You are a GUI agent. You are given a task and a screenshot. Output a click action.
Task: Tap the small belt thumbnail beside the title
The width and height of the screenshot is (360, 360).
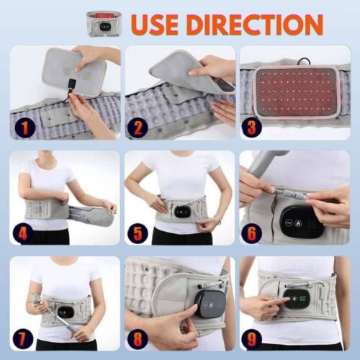click(104, 23)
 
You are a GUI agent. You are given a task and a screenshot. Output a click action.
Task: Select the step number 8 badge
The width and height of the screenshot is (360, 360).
click(137, 337)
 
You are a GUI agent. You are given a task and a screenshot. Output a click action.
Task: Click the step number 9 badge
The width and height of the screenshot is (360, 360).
click(252, 337)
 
